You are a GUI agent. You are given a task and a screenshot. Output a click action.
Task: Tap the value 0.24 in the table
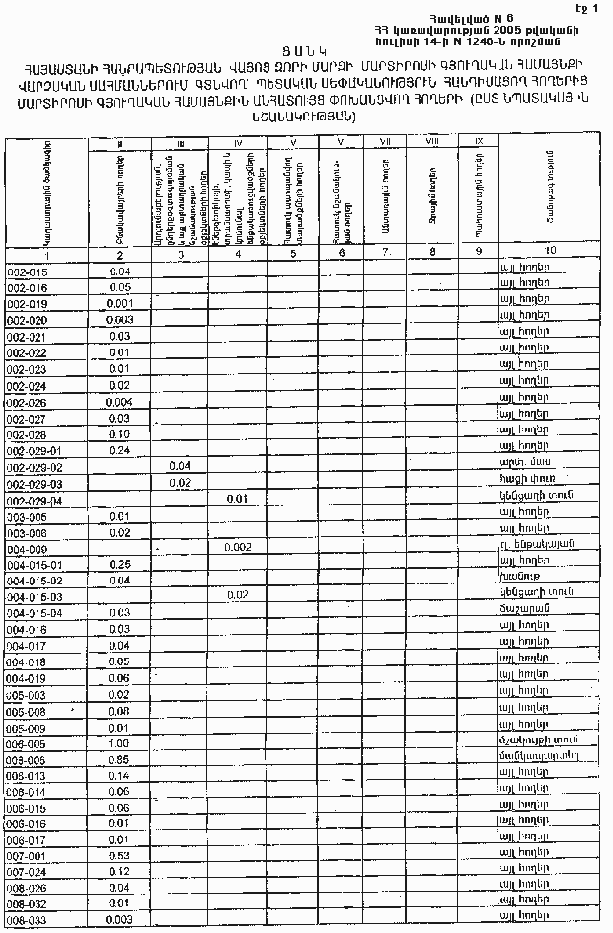click(119, 450)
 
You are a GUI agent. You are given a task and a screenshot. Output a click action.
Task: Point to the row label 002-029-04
click(35, 500)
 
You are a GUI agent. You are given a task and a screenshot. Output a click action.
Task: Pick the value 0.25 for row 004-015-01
click(119, 564)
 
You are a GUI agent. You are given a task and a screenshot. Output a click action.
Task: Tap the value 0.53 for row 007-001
click(119, 854)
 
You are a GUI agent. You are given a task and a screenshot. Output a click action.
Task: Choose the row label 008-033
click(28, 920)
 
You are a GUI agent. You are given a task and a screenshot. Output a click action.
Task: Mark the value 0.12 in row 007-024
click(119, 871)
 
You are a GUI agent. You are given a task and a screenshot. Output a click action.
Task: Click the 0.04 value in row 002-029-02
click(180, 466)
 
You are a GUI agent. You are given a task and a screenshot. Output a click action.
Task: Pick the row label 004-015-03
click(35, 597)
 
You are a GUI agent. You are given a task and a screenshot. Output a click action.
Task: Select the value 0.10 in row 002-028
click(119, 434)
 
